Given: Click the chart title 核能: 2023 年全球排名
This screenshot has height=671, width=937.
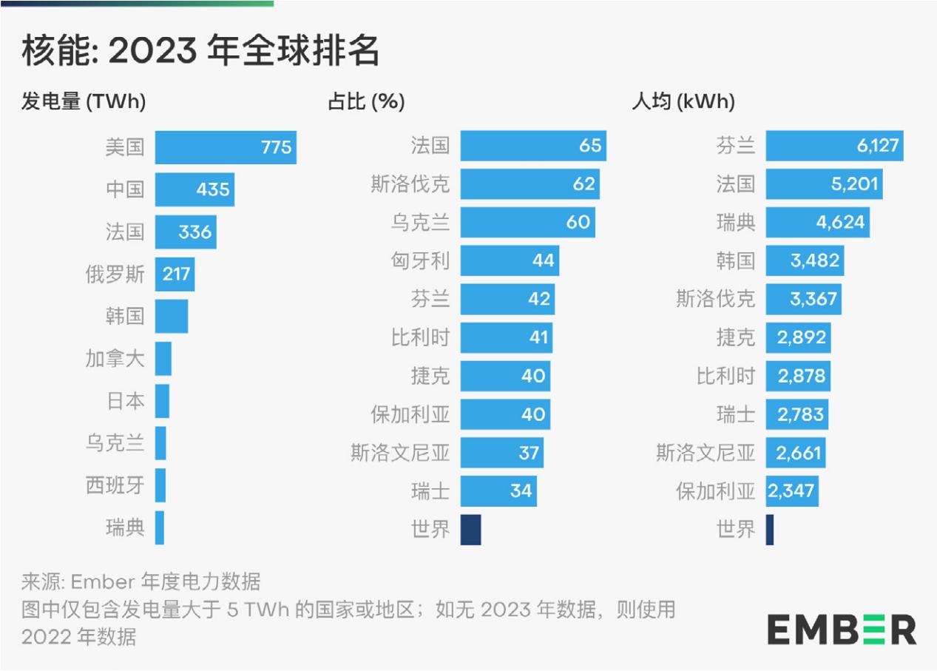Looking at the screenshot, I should point(200,51).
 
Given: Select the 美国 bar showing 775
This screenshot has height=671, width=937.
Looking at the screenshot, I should point(225,147).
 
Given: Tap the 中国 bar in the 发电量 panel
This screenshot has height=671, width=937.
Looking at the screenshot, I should point(194,189).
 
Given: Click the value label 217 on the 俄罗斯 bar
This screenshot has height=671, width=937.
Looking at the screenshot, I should point(177,275).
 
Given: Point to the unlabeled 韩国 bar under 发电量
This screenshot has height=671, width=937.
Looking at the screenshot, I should point(172,317).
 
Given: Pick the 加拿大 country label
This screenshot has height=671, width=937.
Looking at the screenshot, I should point(115,360).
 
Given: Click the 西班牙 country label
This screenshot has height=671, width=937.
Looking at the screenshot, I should point(115,486).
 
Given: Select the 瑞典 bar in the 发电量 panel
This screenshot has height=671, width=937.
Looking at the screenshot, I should point(160,528).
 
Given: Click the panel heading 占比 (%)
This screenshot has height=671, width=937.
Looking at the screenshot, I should point(366,101).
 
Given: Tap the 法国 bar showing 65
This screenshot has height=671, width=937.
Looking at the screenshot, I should point(532,145).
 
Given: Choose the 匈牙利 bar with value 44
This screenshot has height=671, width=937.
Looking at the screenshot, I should point(510,260).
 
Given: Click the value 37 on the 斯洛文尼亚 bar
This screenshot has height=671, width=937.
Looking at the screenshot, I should point(529,452).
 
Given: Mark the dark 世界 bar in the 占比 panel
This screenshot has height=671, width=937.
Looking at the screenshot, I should point(470,530).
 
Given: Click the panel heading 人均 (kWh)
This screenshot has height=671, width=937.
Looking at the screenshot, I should point(683,101).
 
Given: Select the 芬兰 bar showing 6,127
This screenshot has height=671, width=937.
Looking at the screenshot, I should point(834,145).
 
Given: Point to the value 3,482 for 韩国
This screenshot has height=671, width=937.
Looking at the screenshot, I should point(813,260).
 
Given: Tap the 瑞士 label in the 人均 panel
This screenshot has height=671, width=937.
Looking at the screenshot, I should point(735,414).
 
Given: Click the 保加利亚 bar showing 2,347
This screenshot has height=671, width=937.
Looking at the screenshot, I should point(792,491).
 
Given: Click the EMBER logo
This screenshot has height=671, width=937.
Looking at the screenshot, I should point(842,630).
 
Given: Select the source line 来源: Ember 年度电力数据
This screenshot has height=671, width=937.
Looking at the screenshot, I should point(141,580).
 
